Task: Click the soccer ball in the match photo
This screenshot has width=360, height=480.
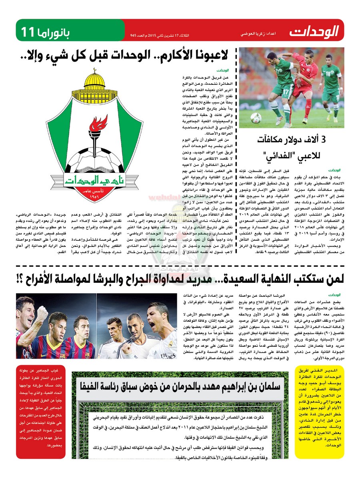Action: (x=256, y=118)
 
